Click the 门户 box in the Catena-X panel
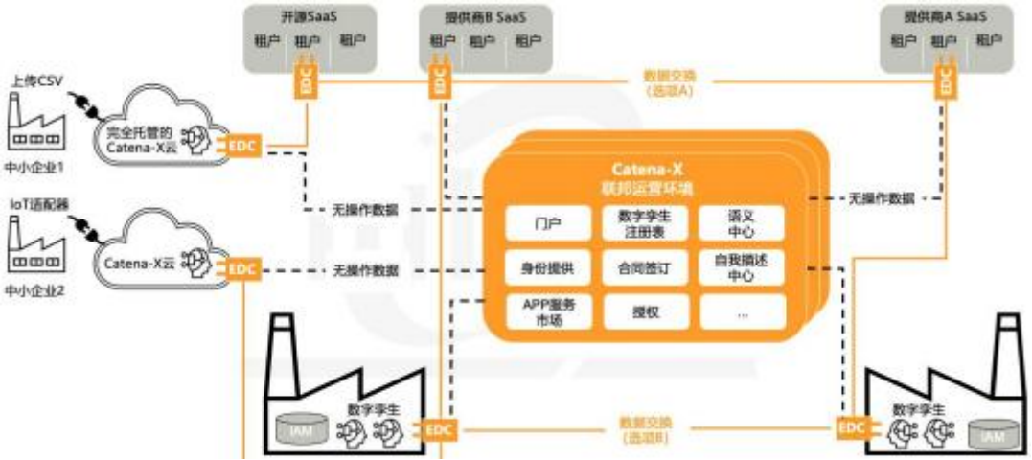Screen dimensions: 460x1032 547,224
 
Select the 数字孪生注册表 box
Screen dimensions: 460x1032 644,224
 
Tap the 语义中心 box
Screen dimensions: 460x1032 741,224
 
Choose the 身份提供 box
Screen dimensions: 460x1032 547,267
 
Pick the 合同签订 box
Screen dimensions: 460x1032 644,268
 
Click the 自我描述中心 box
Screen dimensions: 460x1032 741,267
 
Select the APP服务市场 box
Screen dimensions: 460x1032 547,311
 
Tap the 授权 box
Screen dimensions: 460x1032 644,311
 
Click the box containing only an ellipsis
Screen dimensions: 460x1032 741,311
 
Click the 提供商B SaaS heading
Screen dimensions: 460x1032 487,16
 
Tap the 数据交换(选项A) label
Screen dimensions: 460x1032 669,82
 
